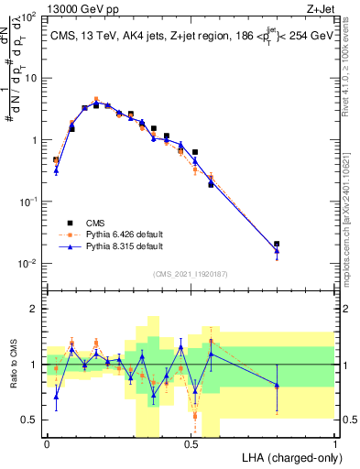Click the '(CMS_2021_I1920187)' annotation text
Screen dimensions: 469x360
190,273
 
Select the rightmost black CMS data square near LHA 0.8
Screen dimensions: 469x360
277,245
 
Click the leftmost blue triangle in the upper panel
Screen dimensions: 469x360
56,170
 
